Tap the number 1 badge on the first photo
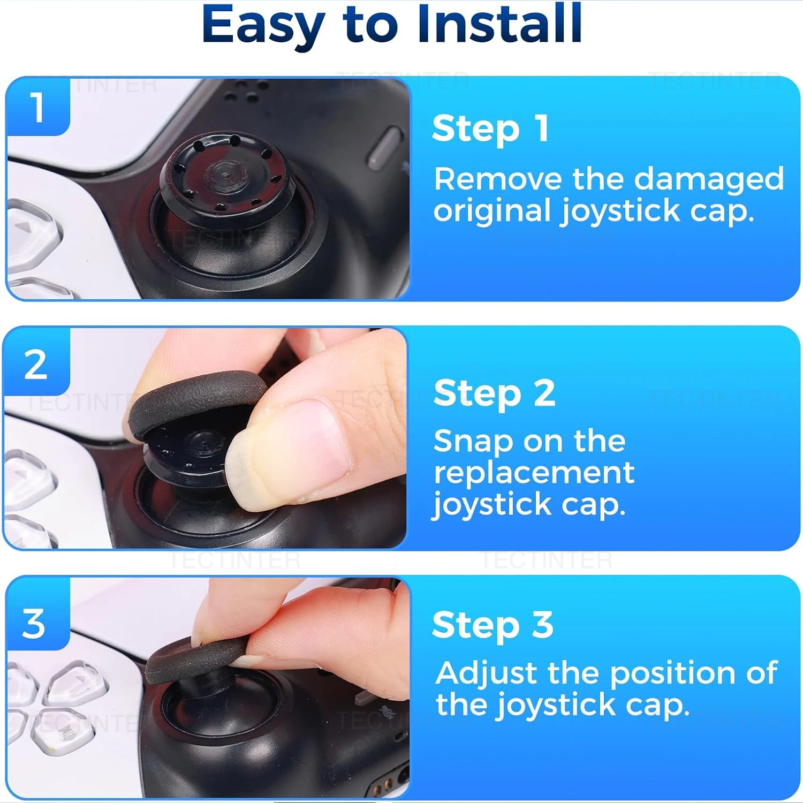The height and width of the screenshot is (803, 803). tap(37, 107)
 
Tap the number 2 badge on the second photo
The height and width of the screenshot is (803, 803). tap(36, 365)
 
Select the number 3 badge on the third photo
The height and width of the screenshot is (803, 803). tap(34, 624)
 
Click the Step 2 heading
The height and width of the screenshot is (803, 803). tap(494, 393)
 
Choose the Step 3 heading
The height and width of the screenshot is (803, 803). tap(493, 625)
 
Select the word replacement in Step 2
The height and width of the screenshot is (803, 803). tap(534, 473)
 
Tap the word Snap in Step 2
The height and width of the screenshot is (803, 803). tap(473, 442)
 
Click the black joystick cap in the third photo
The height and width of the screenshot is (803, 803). tap(195, 658)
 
